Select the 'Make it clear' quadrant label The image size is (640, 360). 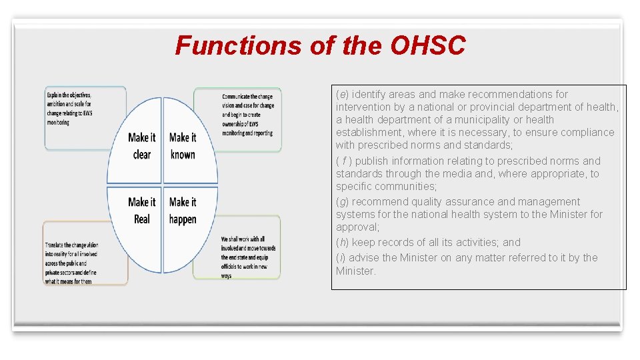coord(141,146)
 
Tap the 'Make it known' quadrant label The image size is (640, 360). coord(182,146)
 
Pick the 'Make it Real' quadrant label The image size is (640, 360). coord(141,210)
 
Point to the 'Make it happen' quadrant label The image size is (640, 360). coord(183,210)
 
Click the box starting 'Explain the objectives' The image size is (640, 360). coord(85,117)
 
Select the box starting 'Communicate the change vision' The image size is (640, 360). coord(238,119)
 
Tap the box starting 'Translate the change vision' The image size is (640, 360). coord(85,253)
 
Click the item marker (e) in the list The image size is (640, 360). coord(342,95)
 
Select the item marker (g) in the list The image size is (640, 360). coord(342,202)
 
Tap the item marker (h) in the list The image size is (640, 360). coord(342,243)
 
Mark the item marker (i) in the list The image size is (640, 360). coord(341,258)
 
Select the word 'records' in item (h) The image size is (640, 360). coord(399,243)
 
